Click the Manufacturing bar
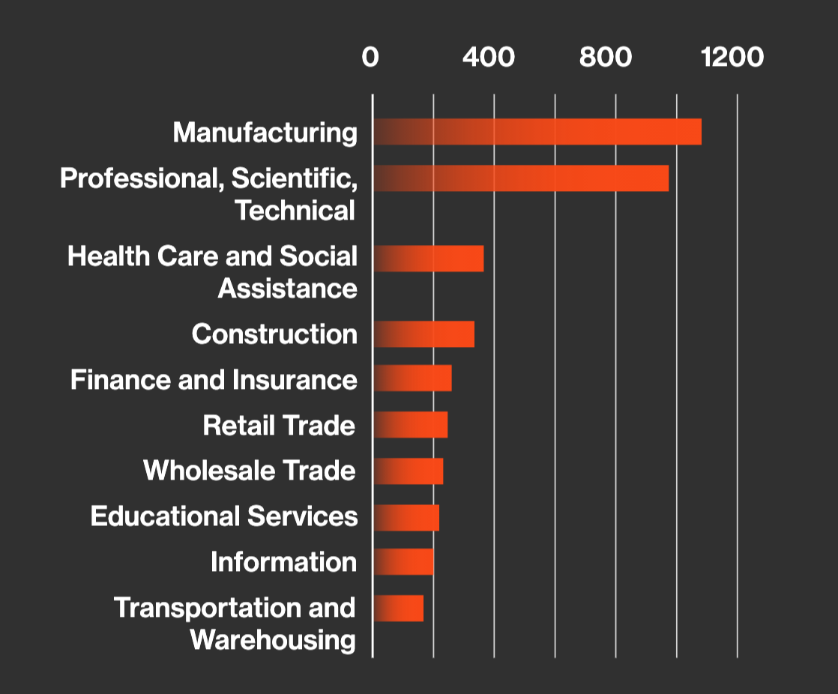pyautogui.click(x=537, y=132)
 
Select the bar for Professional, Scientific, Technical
pyautogui.click(x=520, y=178)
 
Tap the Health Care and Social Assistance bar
pyautogui.click(x=428, y=259)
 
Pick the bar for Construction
pyautogui.click(x=423, y=334)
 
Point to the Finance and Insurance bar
pyautogui.click(x=412, y=378)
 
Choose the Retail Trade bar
pyautogui.click(x=410, y=424)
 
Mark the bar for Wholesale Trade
pyautogui.click(x=408, y=471)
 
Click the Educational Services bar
pyautogui.click(x=406, y=517)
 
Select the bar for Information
pyautogui.click(x=403, y=562)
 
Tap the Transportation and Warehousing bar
pyautogui.click(x=398, y=608)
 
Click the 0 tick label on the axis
pyautogui.click(x=370, y=58)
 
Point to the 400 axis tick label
pyautogui.click(x=489, y=58)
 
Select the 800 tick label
pyautogui.click(x=606, y=58)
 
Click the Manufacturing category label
pyautogui.click(x=265, y=133)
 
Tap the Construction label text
pyautogui.click(x=274, y=334)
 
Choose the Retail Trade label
pyautogui.click(x=279, y=426)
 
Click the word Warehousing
pyautogui.click(x=273, y=640)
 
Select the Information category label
pyautogui.click(x=283, y=562)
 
